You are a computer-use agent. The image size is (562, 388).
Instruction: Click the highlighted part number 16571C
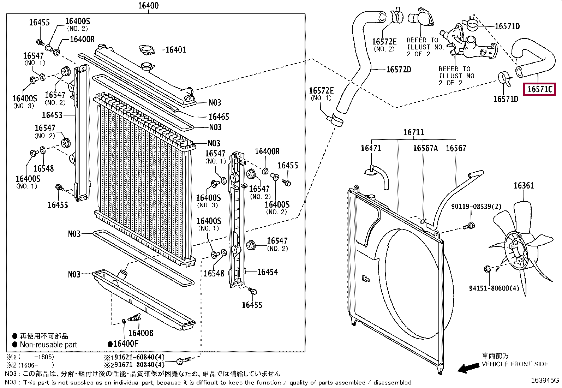[540, 89]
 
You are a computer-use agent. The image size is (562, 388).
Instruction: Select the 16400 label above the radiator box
[148, 6]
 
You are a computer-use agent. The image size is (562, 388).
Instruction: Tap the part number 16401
[176, 50]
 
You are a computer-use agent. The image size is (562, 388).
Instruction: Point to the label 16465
[219, 117]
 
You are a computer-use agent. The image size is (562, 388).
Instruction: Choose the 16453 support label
[52, 115]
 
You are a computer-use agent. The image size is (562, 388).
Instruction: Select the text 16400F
[126, 344]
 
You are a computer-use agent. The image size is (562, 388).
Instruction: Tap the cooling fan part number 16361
[524, 186]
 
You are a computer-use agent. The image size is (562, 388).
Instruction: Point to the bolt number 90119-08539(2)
[476, 207]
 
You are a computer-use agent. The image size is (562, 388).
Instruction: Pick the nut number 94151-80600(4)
[494, 288]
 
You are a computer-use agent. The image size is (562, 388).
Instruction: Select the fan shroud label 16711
[413, 132]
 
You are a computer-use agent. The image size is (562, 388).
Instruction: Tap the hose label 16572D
[399, 70]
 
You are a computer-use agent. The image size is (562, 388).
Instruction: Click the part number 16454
[268, 272]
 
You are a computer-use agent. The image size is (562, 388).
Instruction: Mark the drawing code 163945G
[545, 380]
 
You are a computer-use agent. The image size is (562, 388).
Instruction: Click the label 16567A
[425, 148]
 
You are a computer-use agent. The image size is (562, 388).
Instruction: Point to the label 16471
[371, 148]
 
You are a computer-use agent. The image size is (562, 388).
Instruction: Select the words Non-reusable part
[48, 345]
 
